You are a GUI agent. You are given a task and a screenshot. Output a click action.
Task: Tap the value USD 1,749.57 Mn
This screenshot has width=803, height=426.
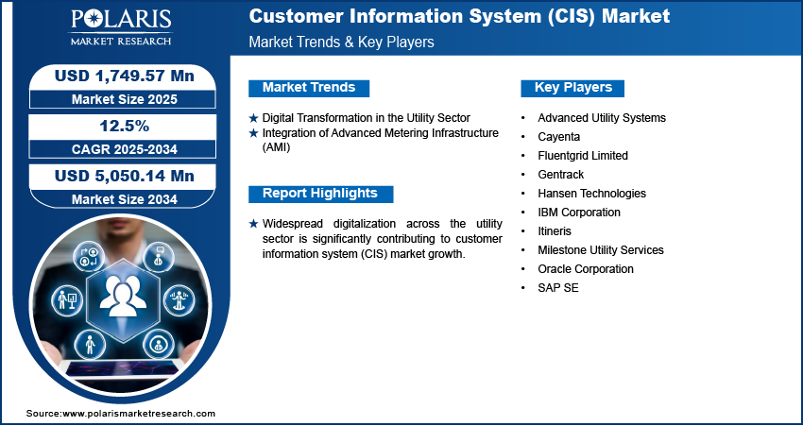click(x=125, y=76)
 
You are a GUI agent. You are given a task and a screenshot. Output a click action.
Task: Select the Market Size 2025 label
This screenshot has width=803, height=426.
click(x=125, y=99)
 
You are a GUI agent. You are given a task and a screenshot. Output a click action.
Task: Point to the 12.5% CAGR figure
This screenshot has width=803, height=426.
click(x=124, y=126)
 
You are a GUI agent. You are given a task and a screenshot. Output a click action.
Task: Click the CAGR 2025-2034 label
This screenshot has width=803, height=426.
click(x=125, y=149)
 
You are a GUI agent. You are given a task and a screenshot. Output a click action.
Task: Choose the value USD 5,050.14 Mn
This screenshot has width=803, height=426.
click(x=125, y=176)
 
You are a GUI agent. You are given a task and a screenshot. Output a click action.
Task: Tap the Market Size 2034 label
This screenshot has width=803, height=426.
click(x=125, y=199)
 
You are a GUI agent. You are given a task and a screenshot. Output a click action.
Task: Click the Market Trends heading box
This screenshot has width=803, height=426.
click(x=309, y=88)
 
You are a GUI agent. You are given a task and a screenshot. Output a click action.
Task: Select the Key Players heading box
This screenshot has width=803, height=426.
click(x=572, y=88)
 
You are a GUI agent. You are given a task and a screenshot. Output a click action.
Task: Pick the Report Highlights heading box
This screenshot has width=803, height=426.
click(x=320, y=194)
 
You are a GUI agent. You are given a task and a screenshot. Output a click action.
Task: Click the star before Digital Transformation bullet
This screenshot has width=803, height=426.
click(x=253, y=118)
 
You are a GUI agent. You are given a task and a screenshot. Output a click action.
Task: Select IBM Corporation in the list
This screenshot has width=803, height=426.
click(x=579, y=212)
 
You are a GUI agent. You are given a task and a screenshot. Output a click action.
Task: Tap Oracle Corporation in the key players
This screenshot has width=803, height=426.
click(x=586, y=269)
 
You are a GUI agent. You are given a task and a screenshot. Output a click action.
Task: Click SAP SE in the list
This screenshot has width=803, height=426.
click(x=557, y=288)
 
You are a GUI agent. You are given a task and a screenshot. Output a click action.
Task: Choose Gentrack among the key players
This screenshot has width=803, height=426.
click(x=560, y=175)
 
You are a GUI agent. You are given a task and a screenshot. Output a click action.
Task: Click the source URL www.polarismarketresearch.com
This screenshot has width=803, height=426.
click(x=139, y=413)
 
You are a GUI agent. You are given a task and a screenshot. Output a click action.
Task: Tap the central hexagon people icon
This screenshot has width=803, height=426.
click(x=123, y=300)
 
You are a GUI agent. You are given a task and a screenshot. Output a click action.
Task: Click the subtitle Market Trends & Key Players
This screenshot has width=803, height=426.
click(x=341, y=42)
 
